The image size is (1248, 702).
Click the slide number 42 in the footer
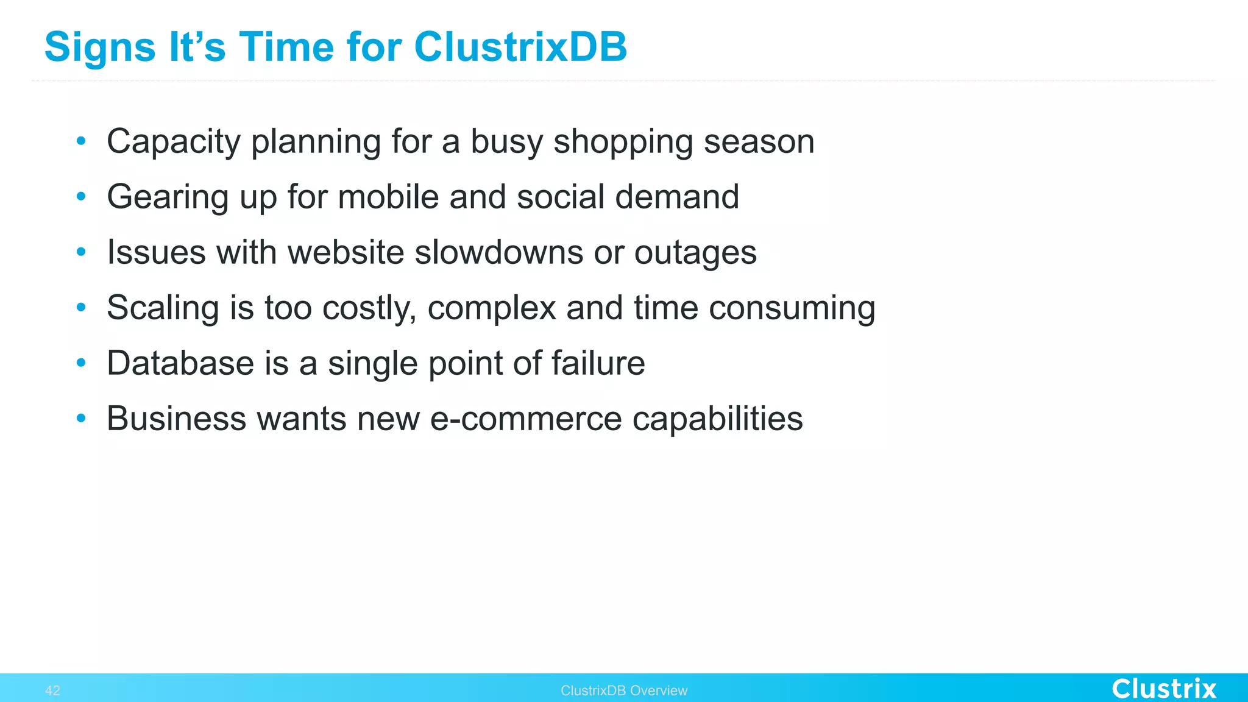click(52, 690)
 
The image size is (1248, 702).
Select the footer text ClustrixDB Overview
click(623, 690)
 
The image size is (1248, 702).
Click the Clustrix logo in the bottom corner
click(1163, 689)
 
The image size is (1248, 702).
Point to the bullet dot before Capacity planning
click(81, 141)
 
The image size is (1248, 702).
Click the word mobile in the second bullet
click(388, 197)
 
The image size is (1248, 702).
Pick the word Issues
click(156, 252)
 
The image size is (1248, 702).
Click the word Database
click(180, 363)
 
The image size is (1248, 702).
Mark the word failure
click(598, 363)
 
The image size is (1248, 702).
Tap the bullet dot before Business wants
click(81, 419)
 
